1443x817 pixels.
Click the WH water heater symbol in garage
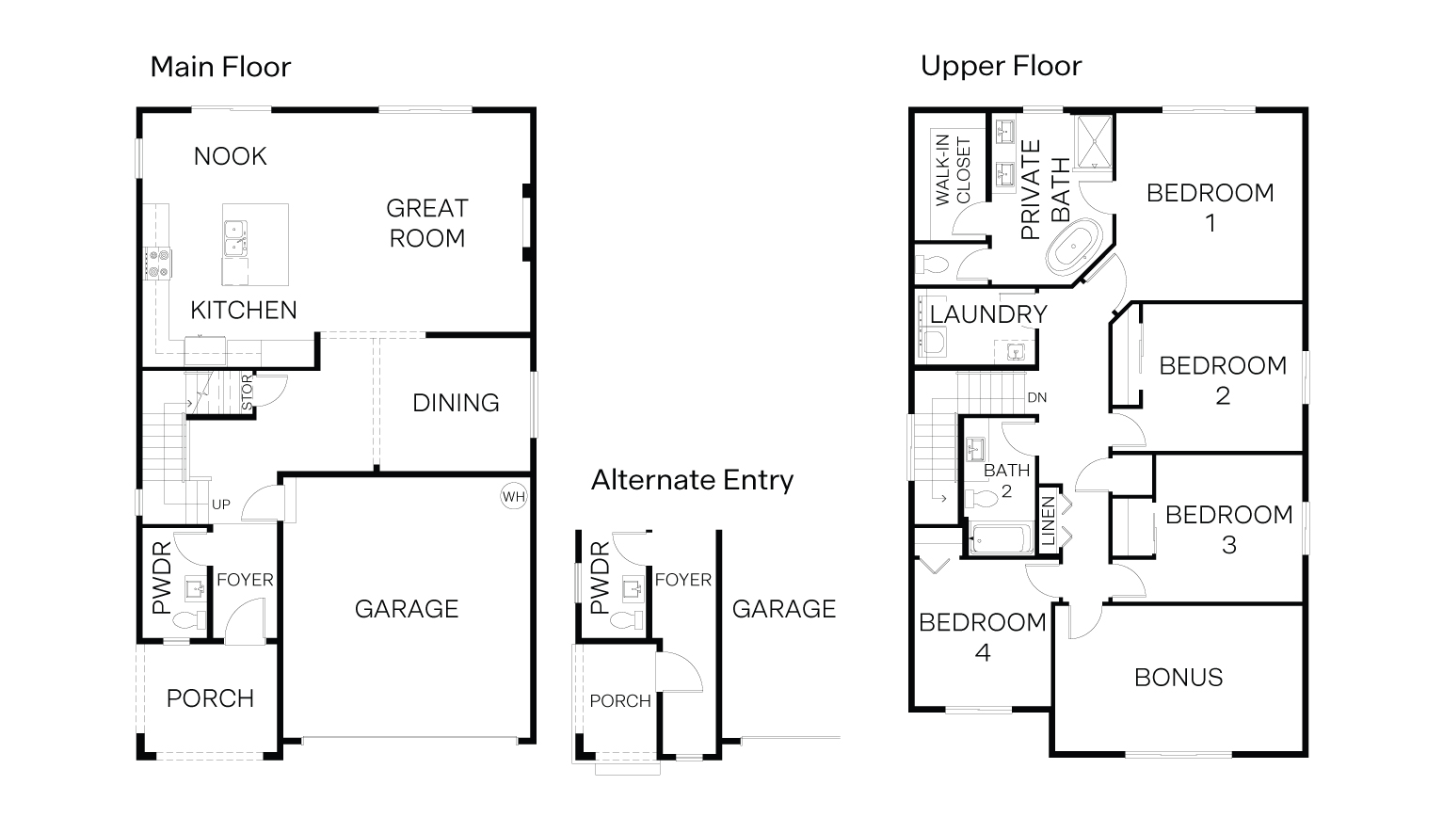[513, 497]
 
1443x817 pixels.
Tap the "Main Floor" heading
[220, 67]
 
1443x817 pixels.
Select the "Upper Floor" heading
[1001, 66]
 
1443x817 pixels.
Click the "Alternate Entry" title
[692, 480]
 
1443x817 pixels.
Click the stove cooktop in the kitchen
[158, 263]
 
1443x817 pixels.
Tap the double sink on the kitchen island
[235, 237]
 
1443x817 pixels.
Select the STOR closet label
[247, 393]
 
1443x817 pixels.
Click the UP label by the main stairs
[221, 505]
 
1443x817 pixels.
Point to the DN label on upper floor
[1036, 398]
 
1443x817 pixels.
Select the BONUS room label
[1178, 678]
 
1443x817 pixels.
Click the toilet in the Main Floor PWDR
[191, 621]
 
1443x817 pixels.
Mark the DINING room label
[456, 403]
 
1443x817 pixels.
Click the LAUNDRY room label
[988, 314]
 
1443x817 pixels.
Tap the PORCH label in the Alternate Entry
[620, 701]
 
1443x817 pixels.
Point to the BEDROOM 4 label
[982, 637]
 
